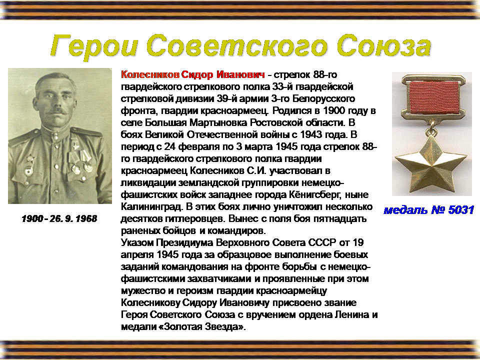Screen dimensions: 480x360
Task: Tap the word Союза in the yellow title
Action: point(384,45)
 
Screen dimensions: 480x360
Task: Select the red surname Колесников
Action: point(150,74)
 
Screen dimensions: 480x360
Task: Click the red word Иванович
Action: point(240,74)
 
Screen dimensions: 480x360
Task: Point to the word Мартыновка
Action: point(218,123)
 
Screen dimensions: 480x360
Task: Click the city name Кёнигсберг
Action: point(313,195)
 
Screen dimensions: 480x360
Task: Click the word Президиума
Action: point(184,243)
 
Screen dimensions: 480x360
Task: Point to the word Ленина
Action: point(352,314)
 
